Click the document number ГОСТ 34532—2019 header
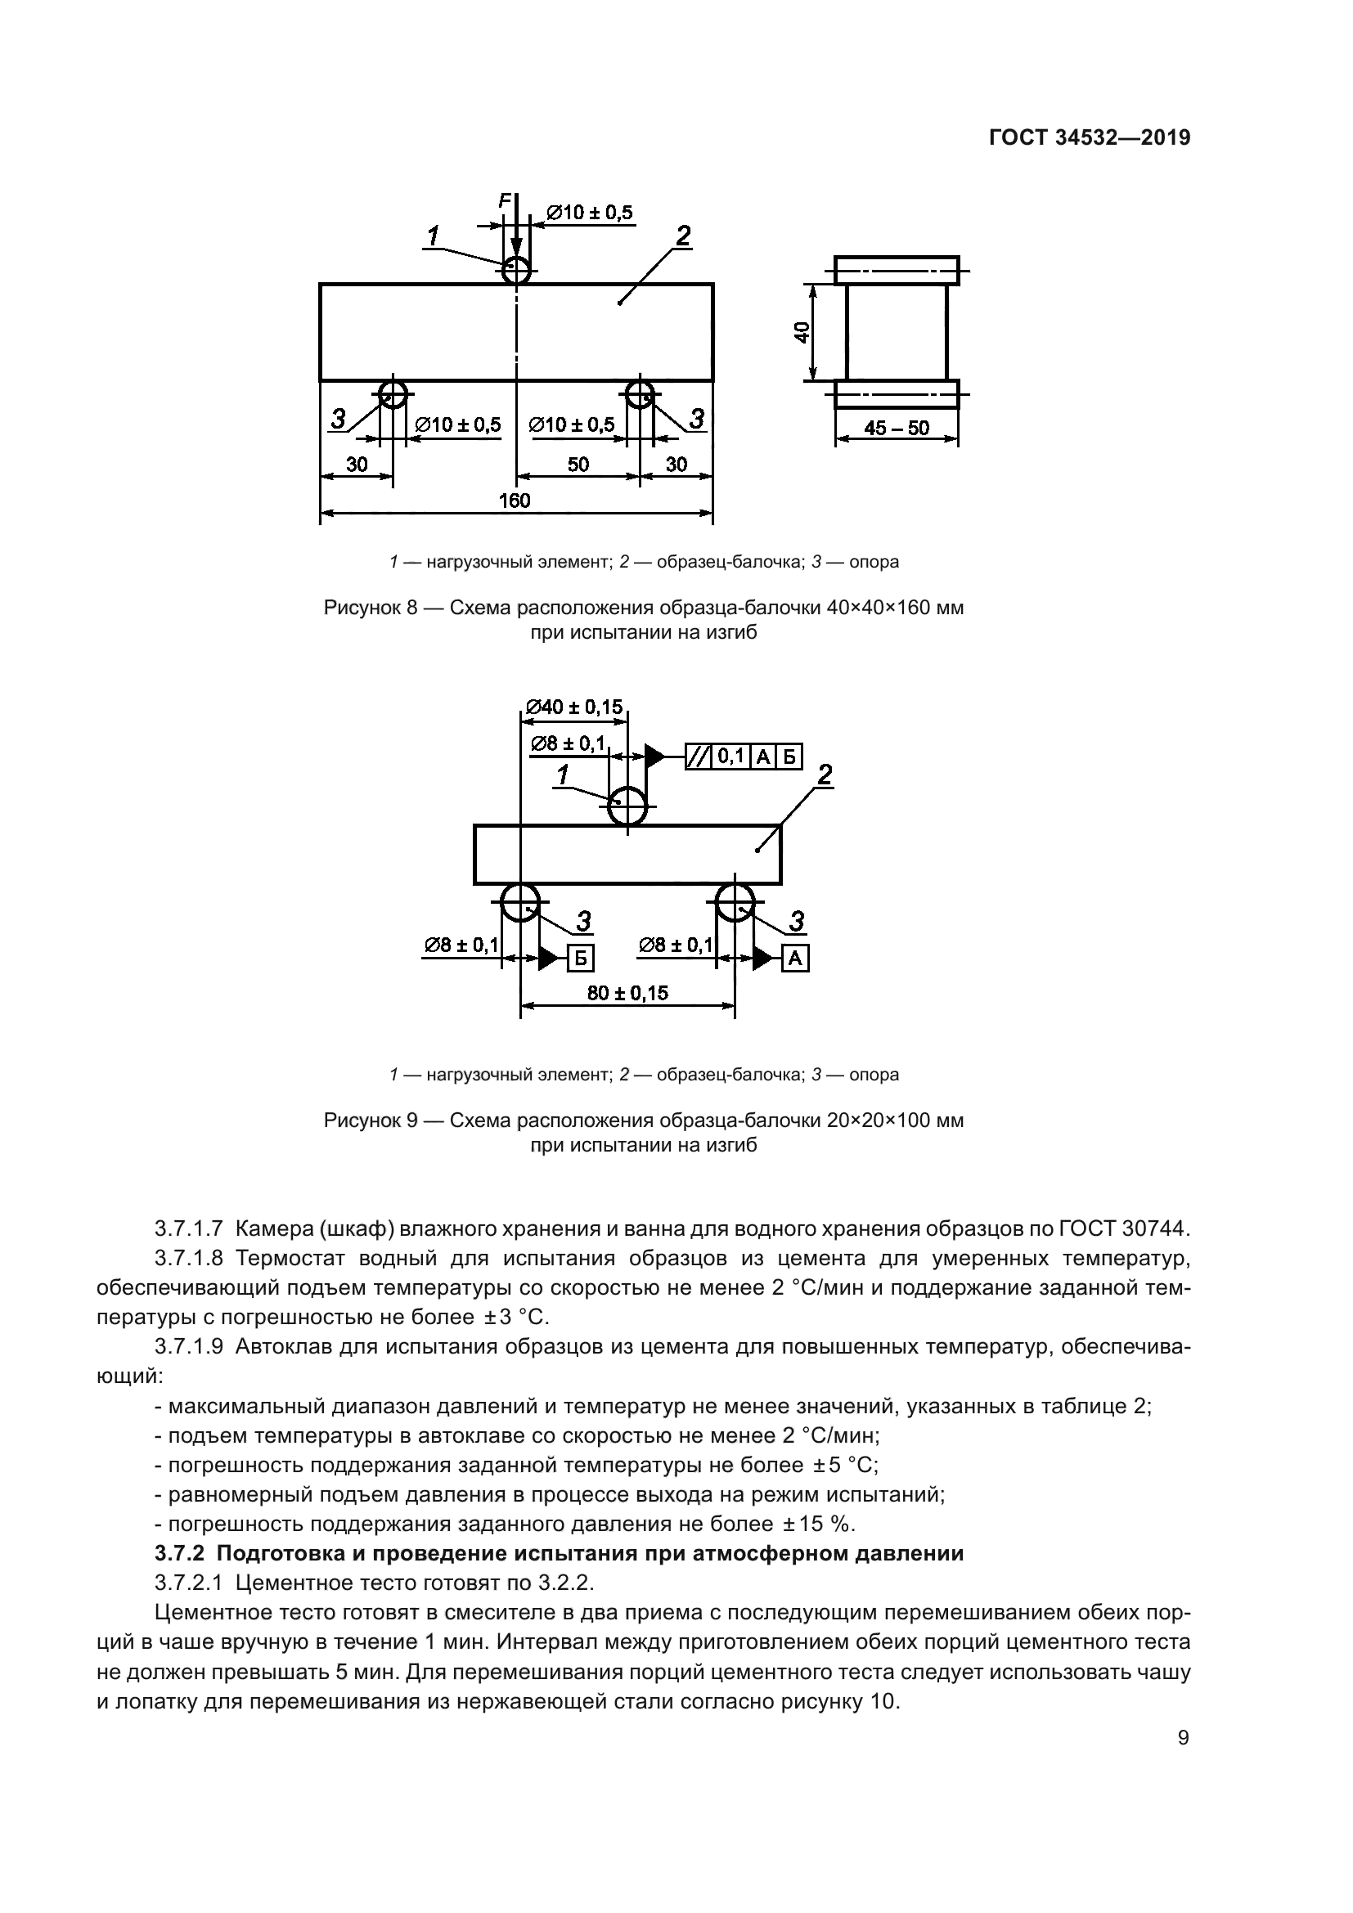click(x=1089, y=138)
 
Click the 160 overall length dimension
click(x=514, y=501)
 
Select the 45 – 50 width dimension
click(x=897, y=429)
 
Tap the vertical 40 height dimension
click(x=802, y=332)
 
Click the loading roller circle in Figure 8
click(x=516, y=269)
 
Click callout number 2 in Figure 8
click(x=682, y=236)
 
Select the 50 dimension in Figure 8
click(x=578, y=464)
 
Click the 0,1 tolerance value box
click(x=730, y=757)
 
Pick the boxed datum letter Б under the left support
click(x=581, y=959)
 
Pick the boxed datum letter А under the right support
click(x=795, y=959)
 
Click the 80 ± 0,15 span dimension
click(x=627, y=993)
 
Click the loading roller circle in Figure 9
click(x=627, y=806)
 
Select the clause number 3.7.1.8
click(x=189, y=1258)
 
